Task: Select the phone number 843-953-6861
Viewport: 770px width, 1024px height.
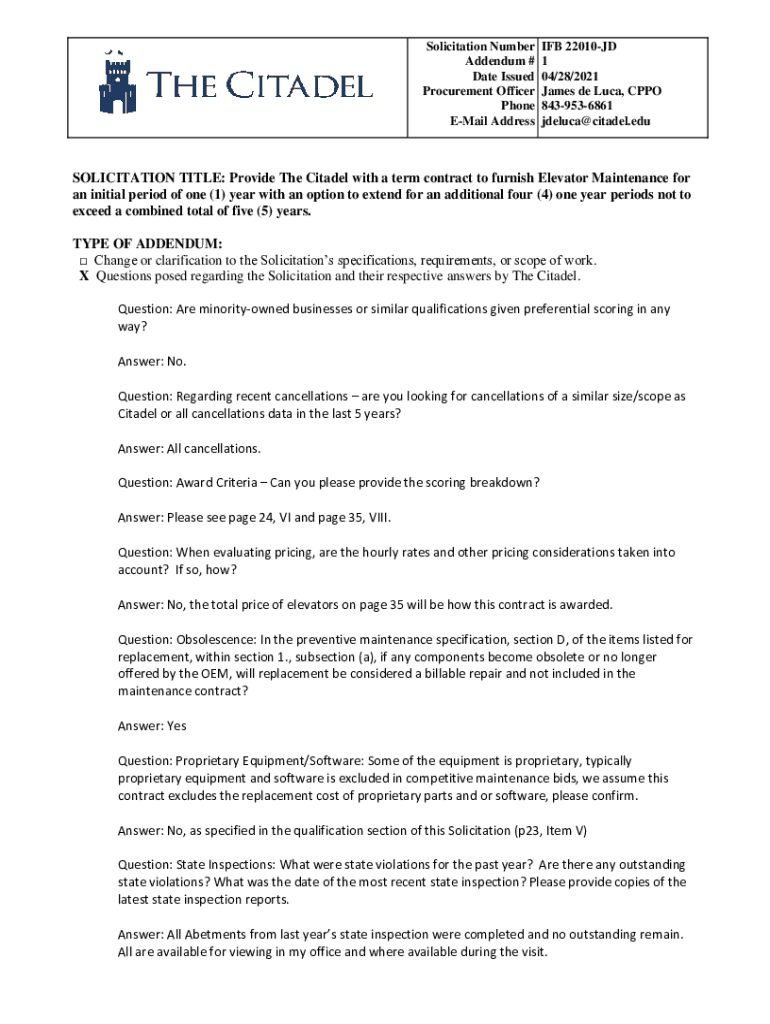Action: pos(577,106)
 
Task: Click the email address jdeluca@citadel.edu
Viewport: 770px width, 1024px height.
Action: pos(595,121)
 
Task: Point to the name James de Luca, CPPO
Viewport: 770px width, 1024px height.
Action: pos(601,91)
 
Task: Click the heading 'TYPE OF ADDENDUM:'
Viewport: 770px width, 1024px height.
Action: pos(148,244)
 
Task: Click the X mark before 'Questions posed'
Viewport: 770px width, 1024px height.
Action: pos(84,276)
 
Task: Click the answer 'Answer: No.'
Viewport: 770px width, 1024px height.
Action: pos(152,361)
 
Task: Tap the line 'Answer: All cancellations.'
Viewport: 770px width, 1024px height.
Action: pos(189,447)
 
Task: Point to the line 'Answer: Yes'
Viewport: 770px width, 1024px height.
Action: pos(151,725)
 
